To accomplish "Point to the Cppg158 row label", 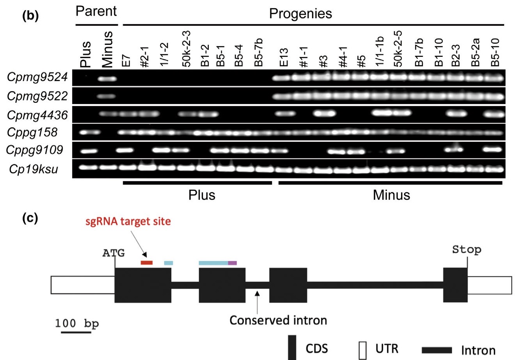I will coord(32,132).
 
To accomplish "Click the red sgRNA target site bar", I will coord(147,263).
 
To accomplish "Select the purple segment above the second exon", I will coord(232,263).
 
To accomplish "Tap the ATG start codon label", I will coord(114,253).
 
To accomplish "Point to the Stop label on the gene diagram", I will coord(466,249).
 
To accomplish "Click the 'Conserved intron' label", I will coord(278,320).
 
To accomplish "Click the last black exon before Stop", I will coord(455,285).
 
